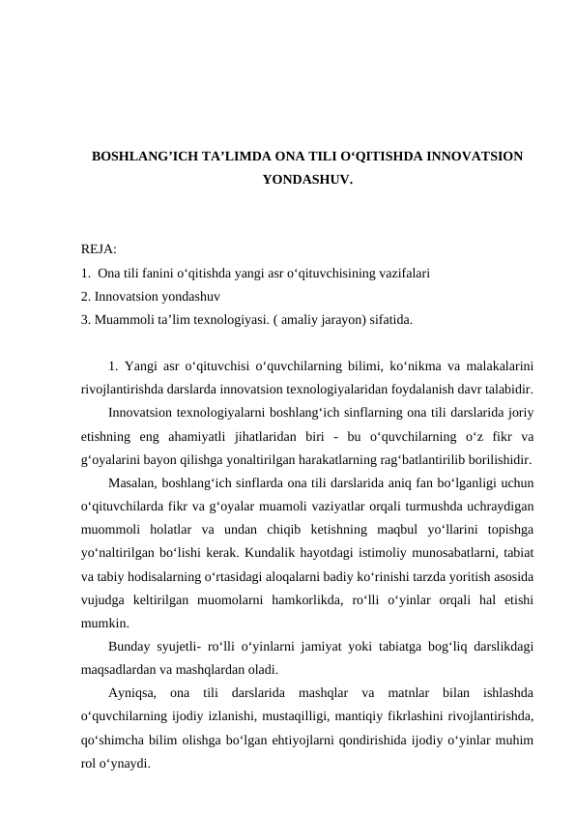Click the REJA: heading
click(x=100, y=250)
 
